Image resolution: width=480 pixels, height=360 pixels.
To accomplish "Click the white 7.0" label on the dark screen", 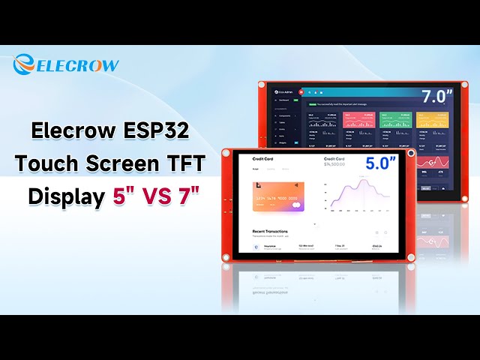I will (x=436, y=97).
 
